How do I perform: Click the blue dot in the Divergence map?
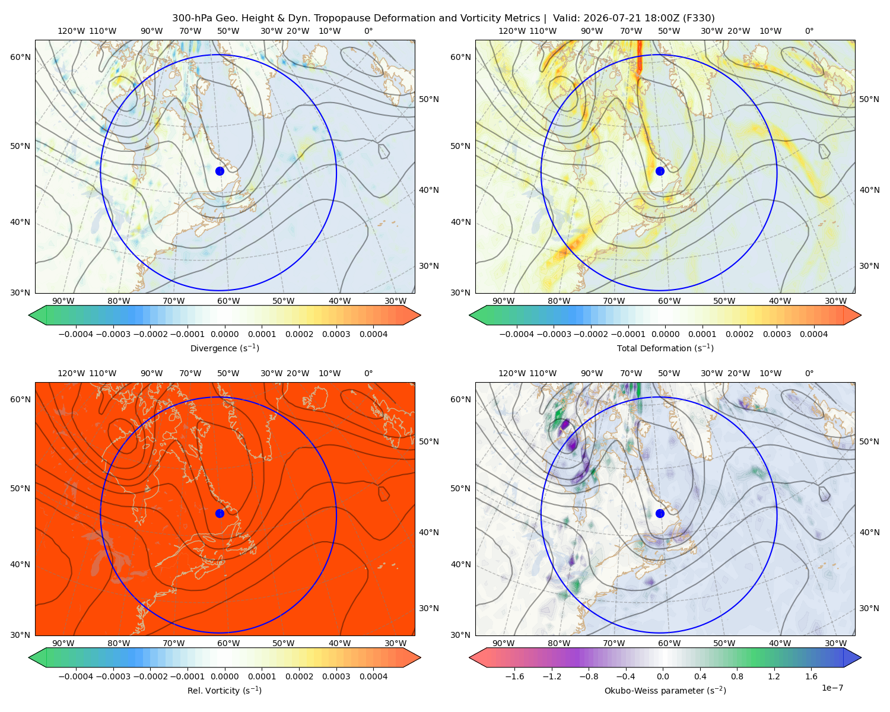coord(220,171)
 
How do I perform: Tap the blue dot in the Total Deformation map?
coord(660,171)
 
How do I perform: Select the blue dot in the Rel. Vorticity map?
coord(220,513)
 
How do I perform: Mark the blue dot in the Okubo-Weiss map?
coord(660,513)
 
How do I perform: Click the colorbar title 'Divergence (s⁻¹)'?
coord(224,348)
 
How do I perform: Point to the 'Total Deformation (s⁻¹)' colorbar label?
coord(665,348)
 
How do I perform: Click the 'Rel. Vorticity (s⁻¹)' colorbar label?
coord(224,690)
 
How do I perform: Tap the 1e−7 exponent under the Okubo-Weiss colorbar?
coord(832,688)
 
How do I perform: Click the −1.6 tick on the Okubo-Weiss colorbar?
coord(514,676)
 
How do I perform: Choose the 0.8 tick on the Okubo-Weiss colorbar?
coord(737,676)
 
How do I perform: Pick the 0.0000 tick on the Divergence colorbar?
coord(224,334)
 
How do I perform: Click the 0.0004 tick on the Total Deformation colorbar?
coord(813,334)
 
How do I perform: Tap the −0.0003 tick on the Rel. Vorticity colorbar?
coord(113,676)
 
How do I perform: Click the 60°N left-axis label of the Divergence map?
coord(20,57)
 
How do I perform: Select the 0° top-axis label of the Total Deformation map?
coord(809,31)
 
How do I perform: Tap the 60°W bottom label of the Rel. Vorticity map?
coord(228,643)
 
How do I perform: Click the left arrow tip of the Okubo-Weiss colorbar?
coord(469,657)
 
